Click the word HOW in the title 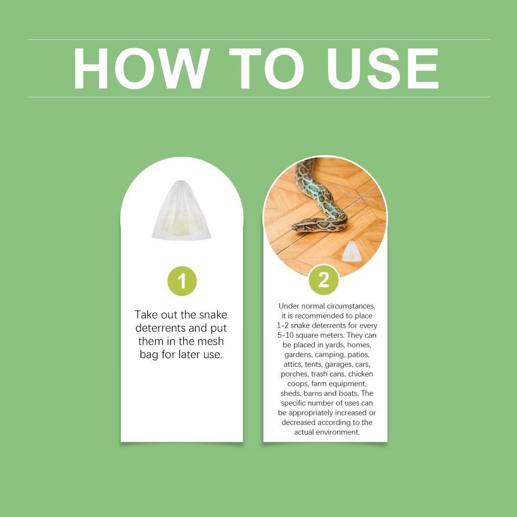[x=141, y=69]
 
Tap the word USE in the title [x=383, y=69]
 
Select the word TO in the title [x=267, y=69]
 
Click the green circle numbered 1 [x=182, y=281]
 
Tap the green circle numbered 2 [x=324, y=280]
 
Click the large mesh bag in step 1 [x=181, y=211]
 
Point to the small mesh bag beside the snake [x=351, y=251]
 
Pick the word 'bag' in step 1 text [x=149, y=355]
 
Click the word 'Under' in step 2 [x=288, y=306]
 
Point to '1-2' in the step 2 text [x=282, y=326]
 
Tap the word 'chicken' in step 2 [x=360, y=374]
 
